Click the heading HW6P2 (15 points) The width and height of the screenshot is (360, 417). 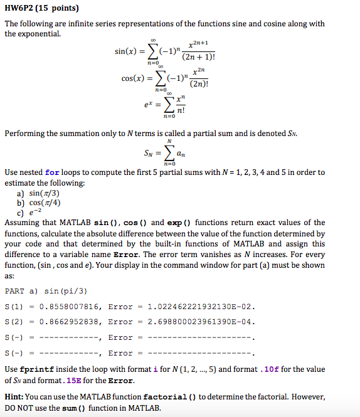point(37,8)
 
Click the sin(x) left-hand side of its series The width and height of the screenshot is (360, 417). point(127,51)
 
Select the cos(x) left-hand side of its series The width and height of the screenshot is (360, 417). point(135,80)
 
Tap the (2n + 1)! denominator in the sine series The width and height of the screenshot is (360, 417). point(198,57)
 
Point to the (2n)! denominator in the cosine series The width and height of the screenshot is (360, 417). point(199,85)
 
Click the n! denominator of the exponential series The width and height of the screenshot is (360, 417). point(181,112)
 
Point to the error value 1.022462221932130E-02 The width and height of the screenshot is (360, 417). point(199,307)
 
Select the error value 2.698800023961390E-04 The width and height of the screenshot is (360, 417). point(199,322)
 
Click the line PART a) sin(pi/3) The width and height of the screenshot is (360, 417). point(46,291)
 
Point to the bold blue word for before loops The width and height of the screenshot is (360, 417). point(53,172)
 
